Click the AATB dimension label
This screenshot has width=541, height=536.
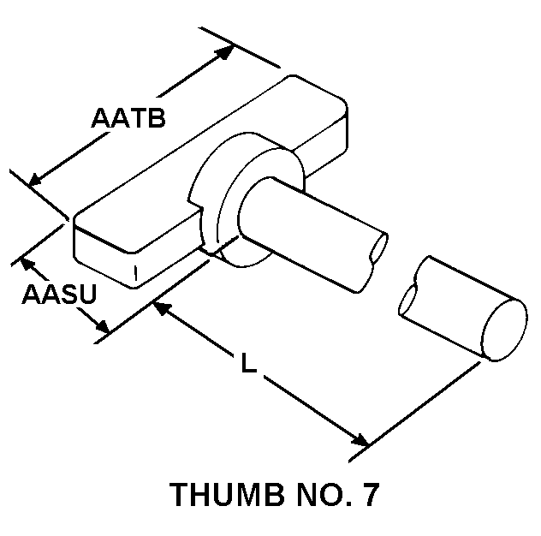[128, 118]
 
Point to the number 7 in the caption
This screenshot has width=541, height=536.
[369, 496]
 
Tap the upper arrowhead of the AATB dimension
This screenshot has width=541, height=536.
[223, 52]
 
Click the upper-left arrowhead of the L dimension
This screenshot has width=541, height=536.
[163, 309]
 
